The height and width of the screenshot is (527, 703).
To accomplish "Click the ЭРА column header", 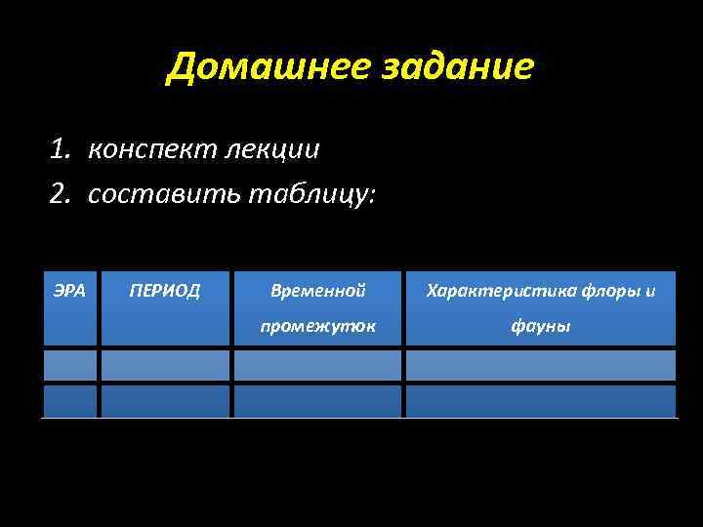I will tap(69, 290).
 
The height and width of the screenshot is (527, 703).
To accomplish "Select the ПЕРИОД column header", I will tap(165, 290).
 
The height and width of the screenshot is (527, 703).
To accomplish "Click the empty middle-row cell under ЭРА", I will tap(69, 365).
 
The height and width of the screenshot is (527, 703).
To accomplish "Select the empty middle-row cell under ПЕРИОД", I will tap(165, 365).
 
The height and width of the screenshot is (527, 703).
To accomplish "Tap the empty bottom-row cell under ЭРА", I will tap(69, 401).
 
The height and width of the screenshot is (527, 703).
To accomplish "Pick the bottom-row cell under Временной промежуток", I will tap(317, 401).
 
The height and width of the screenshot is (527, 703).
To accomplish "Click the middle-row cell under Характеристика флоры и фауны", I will tap(540, 365).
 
